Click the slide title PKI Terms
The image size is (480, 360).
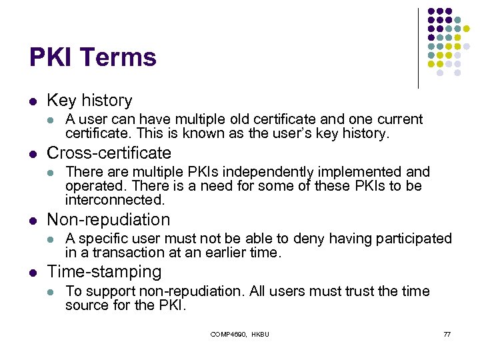pos(93,57)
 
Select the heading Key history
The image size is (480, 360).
pos(89,101)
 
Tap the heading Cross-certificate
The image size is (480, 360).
pos(109,153)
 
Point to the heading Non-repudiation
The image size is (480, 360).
pos(108,219)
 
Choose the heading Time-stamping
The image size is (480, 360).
pos(104,272)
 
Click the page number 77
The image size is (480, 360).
pos(447,334)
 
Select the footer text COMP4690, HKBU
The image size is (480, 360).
pos(239,334)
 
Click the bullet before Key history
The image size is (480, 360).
pos(33,101)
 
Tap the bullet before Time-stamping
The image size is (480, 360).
pos(33,273)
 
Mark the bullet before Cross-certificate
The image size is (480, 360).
pos(33,153)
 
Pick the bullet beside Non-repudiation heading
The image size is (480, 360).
pos(33,220)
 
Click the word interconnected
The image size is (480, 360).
pos(114,200)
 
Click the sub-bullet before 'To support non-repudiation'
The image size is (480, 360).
pos(51,292)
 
